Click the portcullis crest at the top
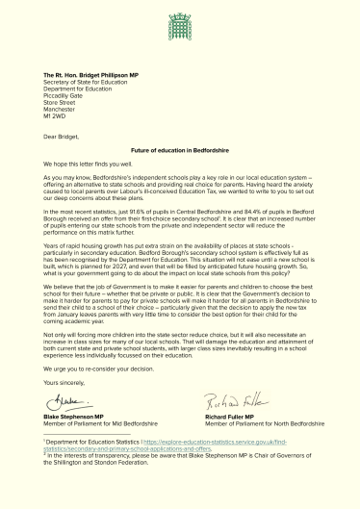(x=180, y=20)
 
